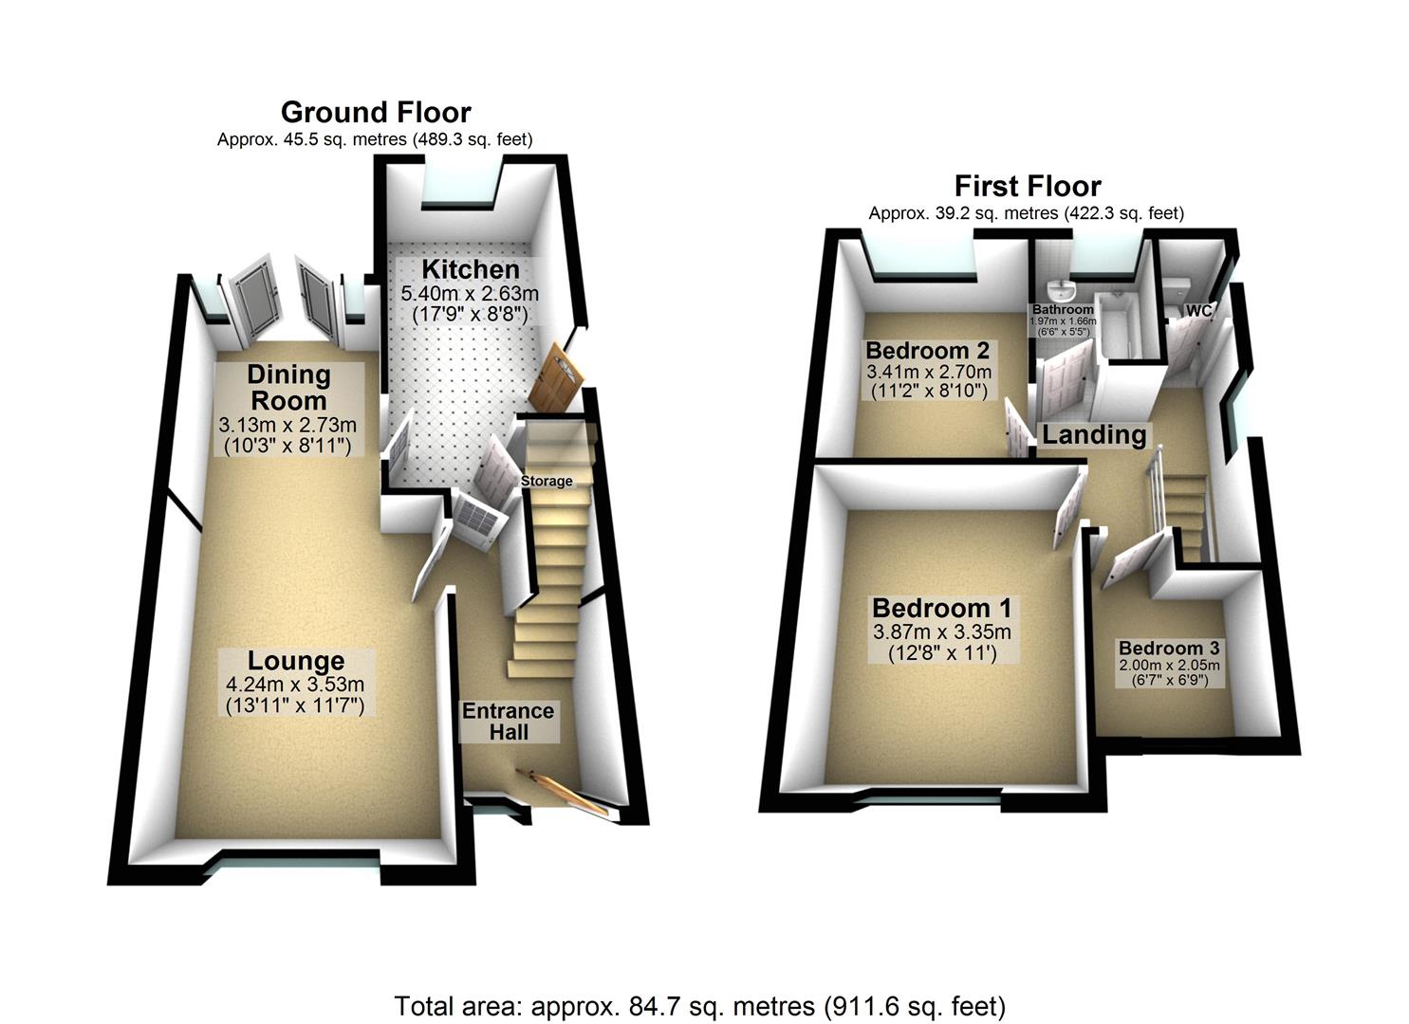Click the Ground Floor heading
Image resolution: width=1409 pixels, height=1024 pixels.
click(x=376, y=113)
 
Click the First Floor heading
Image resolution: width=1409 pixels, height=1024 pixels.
click(x=1028, y=186)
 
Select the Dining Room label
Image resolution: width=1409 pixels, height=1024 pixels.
click(x=288, y=387)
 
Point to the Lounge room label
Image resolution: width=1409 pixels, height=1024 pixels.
click(x=296, y=661)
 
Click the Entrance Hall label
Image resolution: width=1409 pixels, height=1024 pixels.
click(x=508, y=722)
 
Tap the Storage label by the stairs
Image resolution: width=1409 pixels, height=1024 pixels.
click(x=547, y=481)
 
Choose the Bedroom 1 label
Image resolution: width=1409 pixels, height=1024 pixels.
click(x=941, y=608)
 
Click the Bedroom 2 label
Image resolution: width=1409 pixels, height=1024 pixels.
click(x=927, y=350)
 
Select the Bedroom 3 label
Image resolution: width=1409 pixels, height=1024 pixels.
click(x=1169, y=649)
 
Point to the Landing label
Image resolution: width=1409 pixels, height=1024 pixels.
click(x=1094, y=435)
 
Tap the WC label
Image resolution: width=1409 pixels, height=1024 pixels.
click(x=1198, y=310)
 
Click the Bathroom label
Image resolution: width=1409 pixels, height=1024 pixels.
click(x=1063, y=309)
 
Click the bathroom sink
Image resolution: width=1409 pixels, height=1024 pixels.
click(x=1057, y=289)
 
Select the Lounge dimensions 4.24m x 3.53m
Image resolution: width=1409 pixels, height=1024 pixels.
click(x=295, y=685)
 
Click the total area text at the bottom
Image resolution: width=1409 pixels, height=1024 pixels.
click(x=699, y=1005)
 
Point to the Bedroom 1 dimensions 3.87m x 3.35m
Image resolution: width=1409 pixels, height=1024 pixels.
click(x=941, y=631)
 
